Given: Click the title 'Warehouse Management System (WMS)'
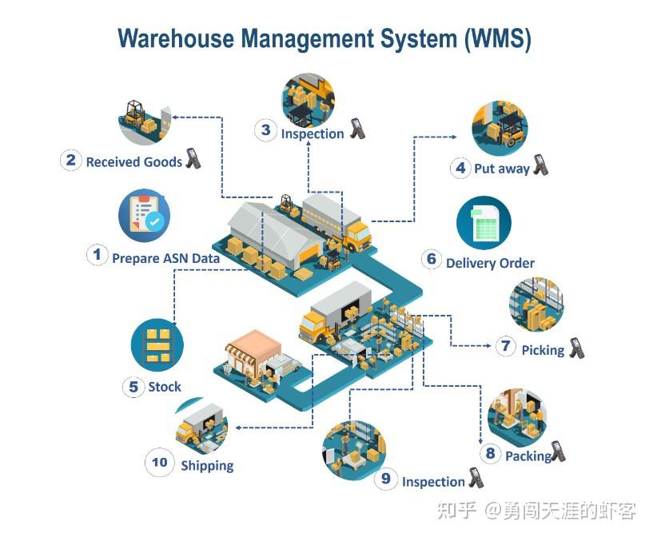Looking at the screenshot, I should click(x=324, y=38).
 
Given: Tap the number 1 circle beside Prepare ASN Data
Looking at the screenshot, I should click(x=97, y=256).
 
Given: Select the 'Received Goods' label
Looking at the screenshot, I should click(x=133, y=161).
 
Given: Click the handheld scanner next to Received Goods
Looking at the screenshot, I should click(x=193, y=158).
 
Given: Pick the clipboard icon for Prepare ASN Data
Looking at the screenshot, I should click(x=144, y=215).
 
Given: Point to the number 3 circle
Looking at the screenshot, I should click(x=265, y=130).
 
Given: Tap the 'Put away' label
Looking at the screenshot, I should click(x=501, y=169).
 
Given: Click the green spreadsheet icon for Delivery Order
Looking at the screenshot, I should click(x=484, y=224).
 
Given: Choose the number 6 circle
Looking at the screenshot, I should click(x=432, y=259).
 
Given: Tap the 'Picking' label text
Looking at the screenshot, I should click(x=543, y=350).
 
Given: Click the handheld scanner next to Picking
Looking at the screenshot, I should click(x=576, y=348).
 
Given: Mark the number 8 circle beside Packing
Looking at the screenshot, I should click(x=491, y=454).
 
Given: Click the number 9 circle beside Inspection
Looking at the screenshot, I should click(x=386, y=479).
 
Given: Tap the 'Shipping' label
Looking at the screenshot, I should click(x=207, y=465).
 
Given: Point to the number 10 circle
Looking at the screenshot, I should click(x=160, y=462).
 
